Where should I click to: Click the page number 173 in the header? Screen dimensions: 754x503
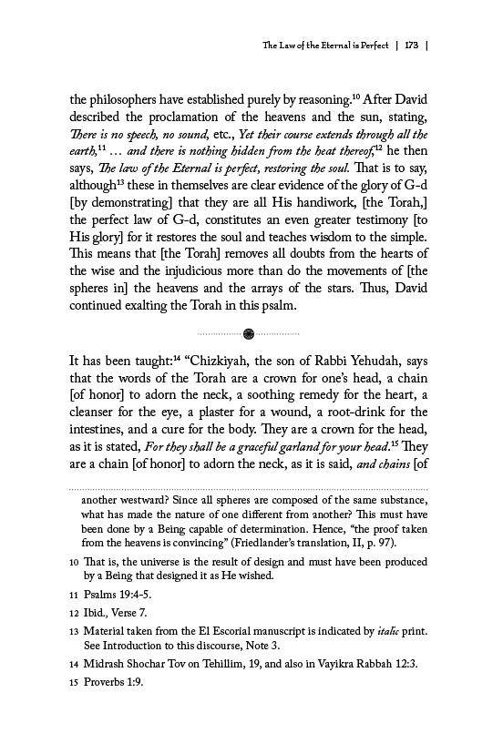412,44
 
